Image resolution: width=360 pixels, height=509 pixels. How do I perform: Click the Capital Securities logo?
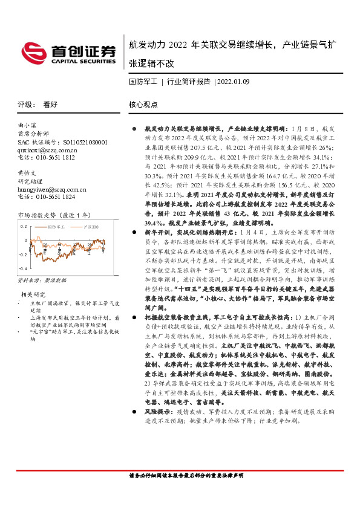(67, 53)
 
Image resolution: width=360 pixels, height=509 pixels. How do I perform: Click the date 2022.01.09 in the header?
(234, 81)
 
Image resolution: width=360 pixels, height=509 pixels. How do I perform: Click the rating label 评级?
(24, 105)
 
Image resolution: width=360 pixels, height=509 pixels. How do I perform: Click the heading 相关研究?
(31, 294)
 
